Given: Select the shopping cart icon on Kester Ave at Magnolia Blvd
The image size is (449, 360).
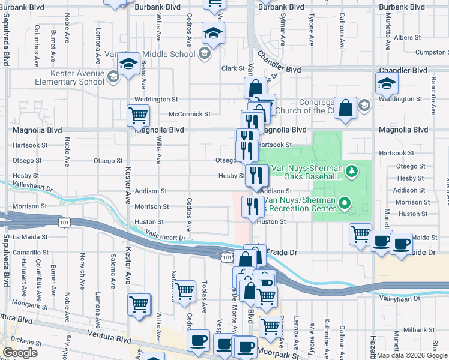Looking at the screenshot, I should click(x=138, y=115).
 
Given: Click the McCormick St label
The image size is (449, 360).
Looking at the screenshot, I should click(x=189, y=114).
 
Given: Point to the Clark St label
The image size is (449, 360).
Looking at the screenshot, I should click(x=231, y=68).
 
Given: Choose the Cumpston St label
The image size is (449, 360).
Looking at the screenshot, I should click(x=432, y=53).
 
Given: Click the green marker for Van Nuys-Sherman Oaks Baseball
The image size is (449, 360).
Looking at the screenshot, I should click(x=352, y=172).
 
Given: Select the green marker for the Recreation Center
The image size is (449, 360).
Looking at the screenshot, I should click(x=344, y=204).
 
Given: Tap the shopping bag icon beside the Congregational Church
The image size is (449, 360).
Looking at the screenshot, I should click(x=346, y=109).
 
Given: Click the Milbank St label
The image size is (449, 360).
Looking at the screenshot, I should click(x=419, y=330).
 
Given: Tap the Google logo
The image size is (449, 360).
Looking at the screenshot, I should click(x=20, y=353).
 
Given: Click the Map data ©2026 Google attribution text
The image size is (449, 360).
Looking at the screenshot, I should click(x=411, y=355).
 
